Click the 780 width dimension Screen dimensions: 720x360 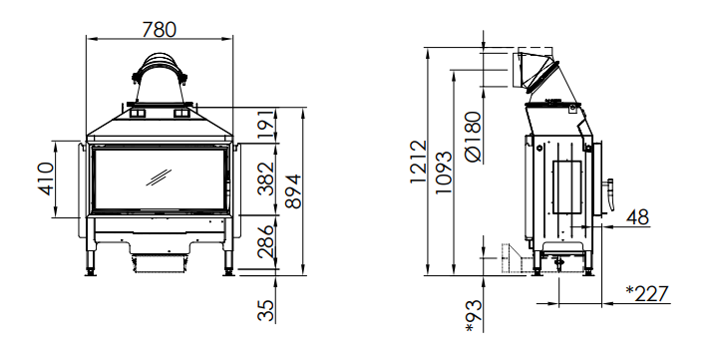click(x=159, y=30)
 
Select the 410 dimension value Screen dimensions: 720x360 click(x=46, y=179)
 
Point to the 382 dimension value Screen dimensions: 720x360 click(x=266, y=180)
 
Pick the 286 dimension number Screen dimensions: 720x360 click(x=266, y=241)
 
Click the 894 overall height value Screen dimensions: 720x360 click(x=293, y=191)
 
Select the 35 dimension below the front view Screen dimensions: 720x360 click(x=266, y=310)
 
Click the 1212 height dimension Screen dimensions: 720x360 click(x=418, y=162)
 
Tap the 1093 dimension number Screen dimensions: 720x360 click(x=444, y=173)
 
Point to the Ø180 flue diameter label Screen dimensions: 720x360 click(x=473, y=137)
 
